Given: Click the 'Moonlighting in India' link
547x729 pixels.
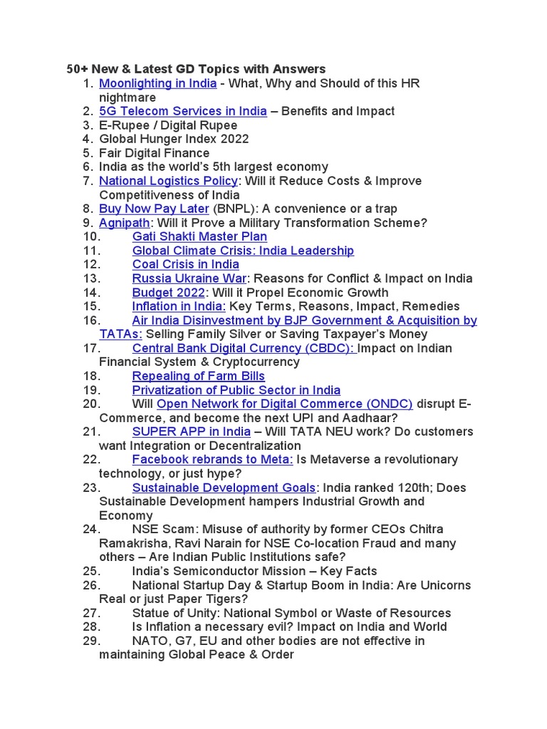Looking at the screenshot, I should [x=157, y=83].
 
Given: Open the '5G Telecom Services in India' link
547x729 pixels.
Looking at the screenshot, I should [x=183, y=111].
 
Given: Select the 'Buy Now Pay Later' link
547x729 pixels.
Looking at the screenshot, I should [x=154, y=209].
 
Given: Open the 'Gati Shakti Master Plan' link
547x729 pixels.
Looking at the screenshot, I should [x=199, y=236].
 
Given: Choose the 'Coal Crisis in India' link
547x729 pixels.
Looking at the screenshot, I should [x=185, y=264].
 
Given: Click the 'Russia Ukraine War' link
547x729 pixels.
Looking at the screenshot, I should [x=189, y=278].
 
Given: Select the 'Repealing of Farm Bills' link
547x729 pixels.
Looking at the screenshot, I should [x=198, y=376].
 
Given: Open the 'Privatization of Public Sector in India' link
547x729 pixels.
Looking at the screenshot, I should [x=236, y=390].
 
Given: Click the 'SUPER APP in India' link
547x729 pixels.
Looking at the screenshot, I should [x=191, y=431].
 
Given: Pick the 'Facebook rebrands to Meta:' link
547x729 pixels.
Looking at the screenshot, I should [x=212, y=459].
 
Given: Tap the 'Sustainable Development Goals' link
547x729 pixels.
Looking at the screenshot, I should [x=224, y=488].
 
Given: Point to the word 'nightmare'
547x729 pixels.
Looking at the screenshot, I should [x=127, y=97].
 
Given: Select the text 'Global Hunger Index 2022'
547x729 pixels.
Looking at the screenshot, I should [x=174, y=139].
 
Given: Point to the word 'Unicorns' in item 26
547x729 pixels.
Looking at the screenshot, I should [x=446, y=585].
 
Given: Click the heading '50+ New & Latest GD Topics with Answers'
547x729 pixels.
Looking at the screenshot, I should [x=196, y=69].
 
